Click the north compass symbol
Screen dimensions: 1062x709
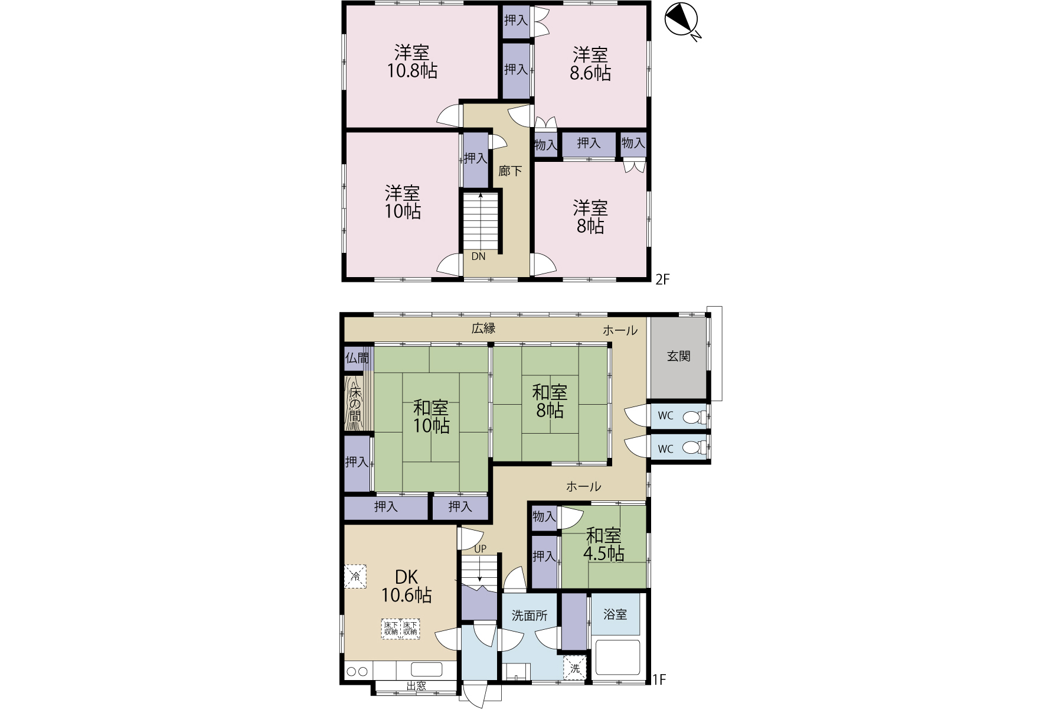[680, 21]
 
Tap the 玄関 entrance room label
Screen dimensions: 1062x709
[678, 356]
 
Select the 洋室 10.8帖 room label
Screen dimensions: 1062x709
[412, 62]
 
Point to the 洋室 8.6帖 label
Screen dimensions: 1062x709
[590, 64]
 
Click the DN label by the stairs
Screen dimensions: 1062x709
[478, 256]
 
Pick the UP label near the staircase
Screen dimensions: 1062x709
[481, 549]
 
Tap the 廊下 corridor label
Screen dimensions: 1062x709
[510, 171]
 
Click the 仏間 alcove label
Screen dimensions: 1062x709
[357, 358]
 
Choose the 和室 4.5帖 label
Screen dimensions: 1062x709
[604, 545]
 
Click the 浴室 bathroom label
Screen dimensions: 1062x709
[615, 614]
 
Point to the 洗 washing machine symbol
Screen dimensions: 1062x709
[575, 668]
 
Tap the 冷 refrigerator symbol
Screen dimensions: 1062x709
[355, 577]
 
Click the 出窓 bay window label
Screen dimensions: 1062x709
[416, 686]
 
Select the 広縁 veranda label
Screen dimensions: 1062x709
[483, 329]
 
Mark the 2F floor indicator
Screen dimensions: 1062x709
[662, 279]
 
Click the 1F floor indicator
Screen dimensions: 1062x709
[659, 679]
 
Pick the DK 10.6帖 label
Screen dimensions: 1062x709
[406, 586]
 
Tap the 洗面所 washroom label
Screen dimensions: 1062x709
[530, 616]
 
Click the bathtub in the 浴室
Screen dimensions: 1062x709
[617, 657]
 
